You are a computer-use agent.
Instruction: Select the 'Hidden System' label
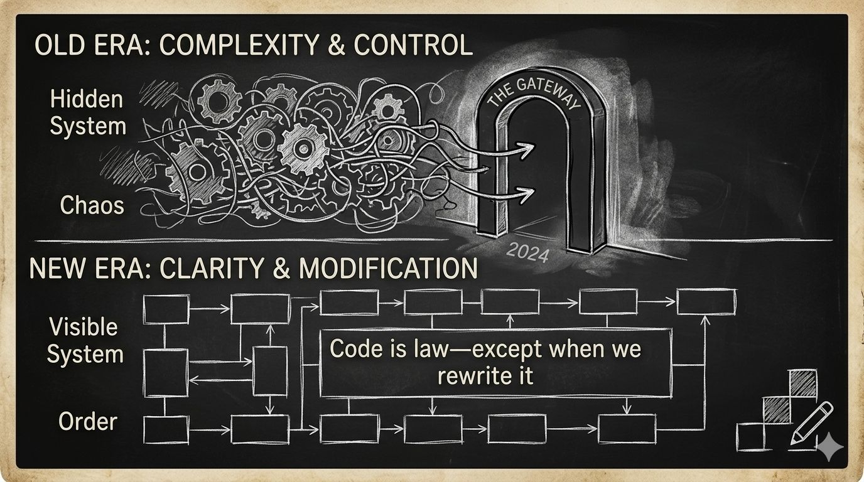(87, 113)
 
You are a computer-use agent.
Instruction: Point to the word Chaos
(92, 205)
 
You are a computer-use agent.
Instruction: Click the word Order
(87, 421)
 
